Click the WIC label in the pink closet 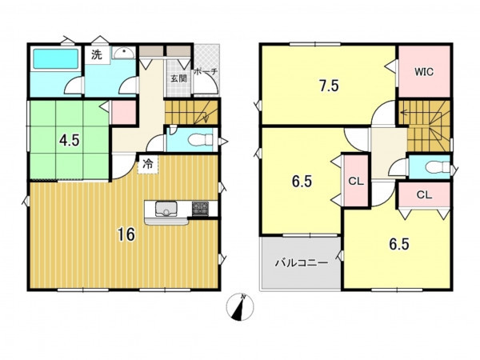coord(424,72)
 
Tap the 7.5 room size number coord(329,86)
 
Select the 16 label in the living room coord(126,234)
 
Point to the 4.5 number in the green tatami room coord(70,141)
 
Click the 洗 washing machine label coord(97,54)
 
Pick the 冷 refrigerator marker coord(148,164)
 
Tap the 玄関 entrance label coord(178,78)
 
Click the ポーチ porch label coord(206,72)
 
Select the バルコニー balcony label coord(302,262)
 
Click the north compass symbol coord(240,306)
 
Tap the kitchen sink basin coord(166,209)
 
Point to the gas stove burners coord(200,209)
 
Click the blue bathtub coord(55,58)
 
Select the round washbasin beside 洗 coord(124,53)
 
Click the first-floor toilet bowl coord(200,140)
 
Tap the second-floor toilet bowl coord(438,167)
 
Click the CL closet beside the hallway coord(356,181)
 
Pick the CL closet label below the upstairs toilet coord(424,194)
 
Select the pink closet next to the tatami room coord(123,112)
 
